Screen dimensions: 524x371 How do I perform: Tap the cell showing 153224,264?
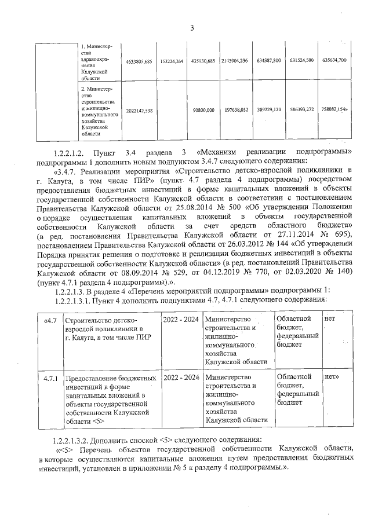coord(172,61)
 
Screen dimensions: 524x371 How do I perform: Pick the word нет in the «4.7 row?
coord(330,319)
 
